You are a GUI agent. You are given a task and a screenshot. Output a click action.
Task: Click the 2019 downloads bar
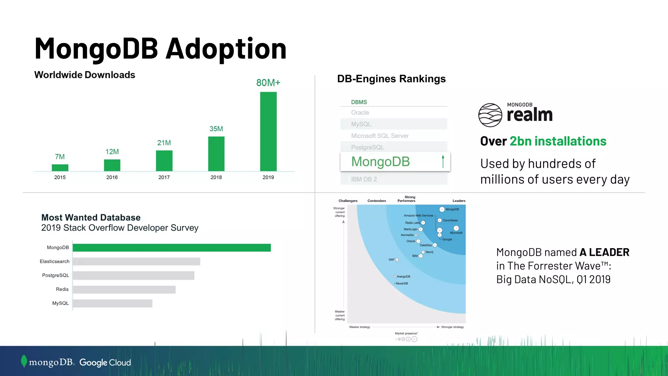point(268,131)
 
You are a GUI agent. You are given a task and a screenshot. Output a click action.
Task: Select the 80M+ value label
point(268,83)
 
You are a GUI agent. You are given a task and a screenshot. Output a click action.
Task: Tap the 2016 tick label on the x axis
point(112,177)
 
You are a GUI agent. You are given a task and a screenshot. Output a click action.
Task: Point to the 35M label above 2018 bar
point(216,129)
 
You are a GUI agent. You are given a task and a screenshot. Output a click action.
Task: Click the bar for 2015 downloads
point(60,168)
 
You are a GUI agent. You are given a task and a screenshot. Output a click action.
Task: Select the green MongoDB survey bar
point(172,248)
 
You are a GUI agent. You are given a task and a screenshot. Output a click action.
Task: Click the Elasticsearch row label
point(54,261)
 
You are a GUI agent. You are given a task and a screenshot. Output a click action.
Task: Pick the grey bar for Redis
point(124,290)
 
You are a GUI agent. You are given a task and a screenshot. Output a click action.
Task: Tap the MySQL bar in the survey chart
point(113,304)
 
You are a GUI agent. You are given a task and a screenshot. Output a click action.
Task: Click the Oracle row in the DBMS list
point(360,113)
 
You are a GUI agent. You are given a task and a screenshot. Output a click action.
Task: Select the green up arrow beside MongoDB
point(443,162)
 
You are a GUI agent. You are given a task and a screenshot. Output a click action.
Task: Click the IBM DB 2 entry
point(364,179)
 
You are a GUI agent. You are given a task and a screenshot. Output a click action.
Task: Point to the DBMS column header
point(359,102)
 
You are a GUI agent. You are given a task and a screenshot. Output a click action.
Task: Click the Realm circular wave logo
point(490,115)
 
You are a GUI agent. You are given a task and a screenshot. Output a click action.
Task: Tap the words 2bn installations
point(558,141)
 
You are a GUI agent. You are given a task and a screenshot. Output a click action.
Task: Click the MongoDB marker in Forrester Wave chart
point(442,209)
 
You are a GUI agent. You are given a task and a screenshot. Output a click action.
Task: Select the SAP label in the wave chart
point(391,259)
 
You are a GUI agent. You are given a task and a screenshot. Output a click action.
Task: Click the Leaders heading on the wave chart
point(459,201)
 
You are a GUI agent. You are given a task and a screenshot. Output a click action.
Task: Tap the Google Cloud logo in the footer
point(105,363)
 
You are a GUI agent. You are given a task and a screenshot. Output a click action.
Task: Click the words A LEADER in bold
point(604,252)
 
